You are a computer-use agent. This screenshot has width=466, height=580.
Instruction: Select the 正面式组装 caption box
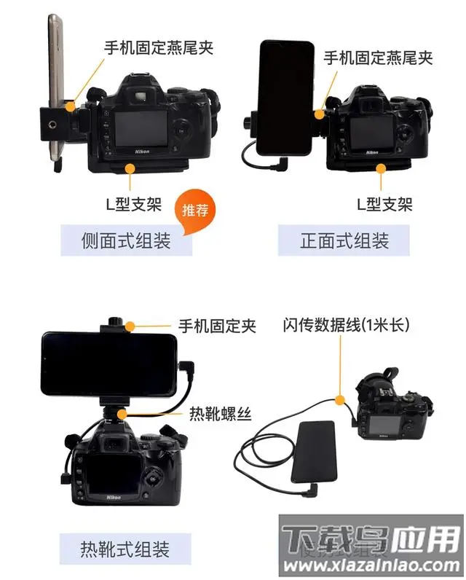click(x=344, y=240)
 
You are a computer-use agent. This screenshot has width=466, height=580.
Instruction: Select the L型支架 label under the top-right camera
click(x=384, y=203)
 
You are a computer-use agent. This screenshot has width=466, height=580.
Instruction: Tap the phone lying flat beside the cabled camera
click(x=314, y=452)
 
